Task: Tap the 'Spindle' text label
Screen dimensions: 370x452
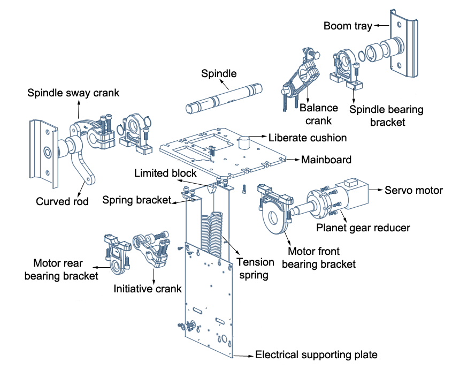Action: [218, 73]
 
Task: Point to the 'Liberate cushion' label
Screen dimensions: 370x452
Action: [307, 138]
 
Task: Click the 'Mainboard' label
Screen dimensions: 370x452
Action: [326, 160]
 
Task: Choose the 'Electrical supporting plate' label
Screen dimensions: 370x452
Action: [316, 354]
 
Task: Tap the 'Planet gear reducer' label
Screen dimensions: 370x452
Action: [363, 228]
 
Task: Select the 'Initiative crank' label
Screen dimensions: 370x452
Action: [148, 289]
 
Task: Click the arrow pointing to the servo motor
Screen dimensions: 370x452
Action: [377, 190]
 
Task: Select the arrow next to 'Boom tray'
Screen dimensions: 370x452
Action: [381, 25]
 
